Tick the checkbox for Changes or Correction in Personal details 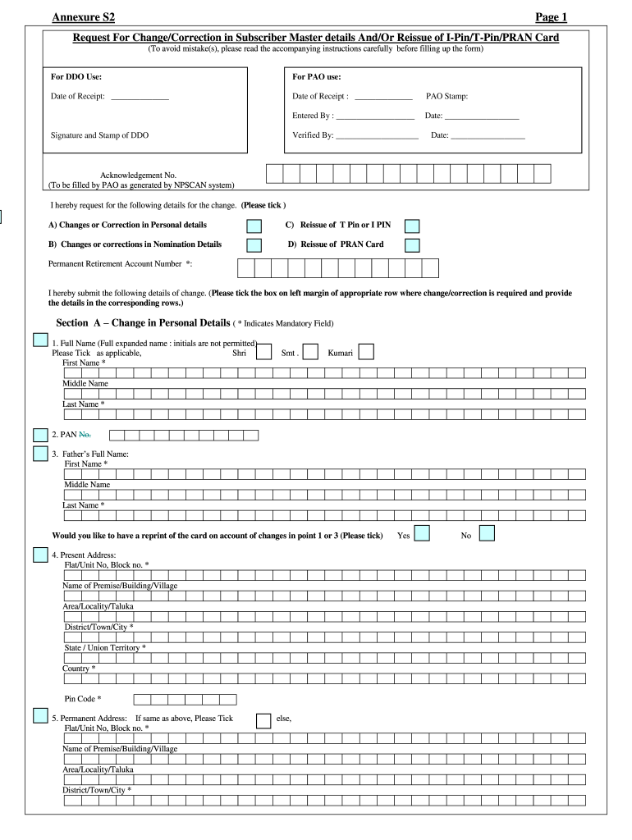pyautogui.click(x=254, y=226)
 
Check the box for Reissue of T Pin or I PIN pyautogui.click(x=412, y=226)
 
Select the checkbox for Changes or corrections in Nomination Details pyautogui.click(x=254, y=244)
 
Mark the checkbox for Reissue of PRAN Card pyautogui.click(x=412, y=244)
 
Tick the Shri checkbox pyautogui.click(x=263, y=352)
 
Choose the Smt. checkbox pyautogui.click(x=311, y=352)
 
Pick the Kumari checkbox pyautogui.click(x=366, y=352)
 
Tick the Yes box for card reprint pyautogui.click(x=422, y=534)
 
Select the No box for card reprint pyautogui.click(x=487, y=534)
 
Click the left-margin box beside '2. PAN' pyautogui.click(x=40, y=435)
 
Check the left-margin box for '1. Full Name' pyautogui.click(x=40, y=340)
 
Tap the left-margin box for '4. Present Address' pyautogui.click(x=40, y=555)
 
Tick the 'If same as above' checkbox pyautogui.click(x=263, y=720)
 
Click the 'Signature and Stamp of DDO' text pyautogui.click(x=99, y=135)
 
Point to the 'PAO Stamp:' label pyautogui.click(x=447, y=96)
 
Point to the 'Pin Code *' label pyautogui.click(x=83, y=699)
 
